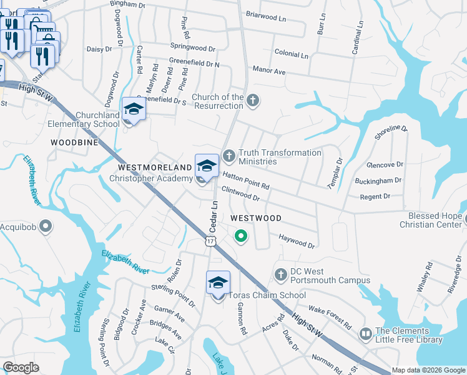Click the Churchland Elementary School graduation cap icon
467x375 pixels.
(x=132, y=109)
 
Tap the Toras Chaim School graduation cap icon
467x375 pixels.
(x=218, y=282)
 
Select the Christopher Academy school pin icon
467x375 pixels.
(x=207, y=165)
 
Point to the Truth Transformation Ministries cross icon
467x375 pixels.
(x=229, y=154)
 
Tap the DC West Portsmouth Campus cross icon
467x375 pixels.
(x=281, y=274)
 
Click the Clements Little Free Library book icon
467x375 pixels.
(x=365, y=334)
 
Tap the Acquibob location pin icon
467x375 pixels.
(x=45, y=226)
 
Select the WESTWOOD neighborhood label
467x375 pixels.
(x=256, y=218)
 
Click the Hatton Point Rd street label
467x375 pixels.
(x=246, y=181)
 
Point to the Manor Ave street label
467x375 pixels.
(x=268, y=72)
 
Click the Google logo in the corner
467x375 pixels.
(x=21, y=368)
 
